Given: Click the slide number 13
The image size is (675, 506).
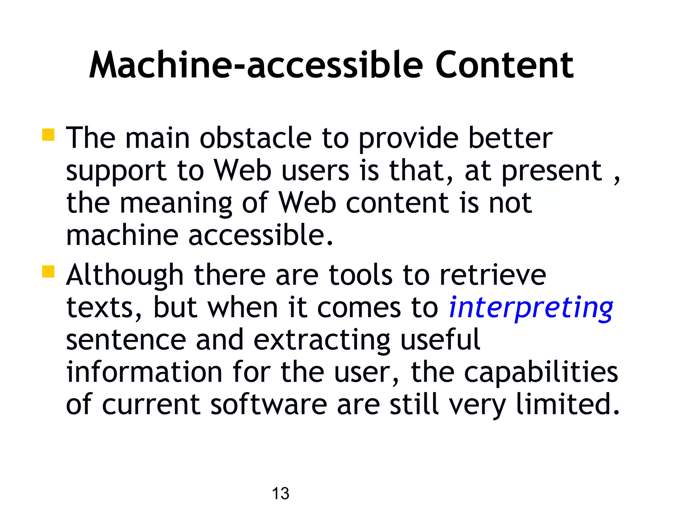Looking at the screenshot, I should (280, 493).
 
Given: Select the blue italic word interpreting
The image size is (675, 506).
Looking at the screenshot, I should (531, 308).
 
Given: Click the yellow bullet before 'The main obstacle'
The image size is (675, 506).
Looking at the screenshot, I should (48, 135).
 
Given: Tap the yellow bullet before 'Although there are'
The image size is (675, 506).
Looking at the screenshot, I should (48, 272).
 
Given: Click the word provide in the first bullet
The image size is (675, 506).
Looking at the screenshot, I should (408, 138).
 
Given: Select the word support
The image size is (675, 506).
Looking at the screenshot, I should (116, 171).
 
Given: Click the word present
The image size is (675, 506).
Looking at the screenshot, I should (552, 171).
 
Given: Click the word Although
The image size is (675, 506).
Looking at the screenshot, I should (125, 275).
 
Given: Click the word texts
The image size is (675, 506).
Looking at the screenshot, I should (103, 308).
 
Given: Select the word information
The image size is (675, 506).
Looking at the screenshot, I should (144, 372).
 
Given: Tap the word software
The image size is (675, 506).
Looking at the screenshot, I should (269, 404).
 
